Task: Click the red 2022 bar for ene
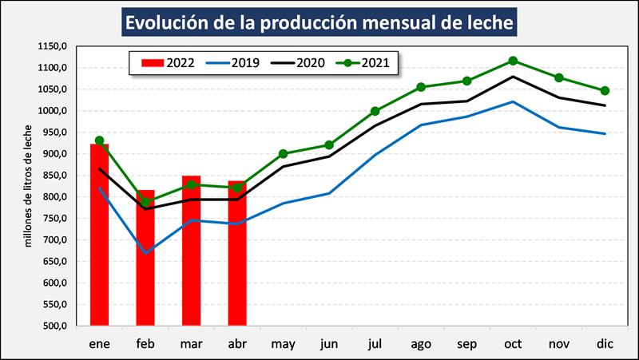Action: (99, 235)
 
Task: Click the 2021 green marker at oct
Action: (513, 61)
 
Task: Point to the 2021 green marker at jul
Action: (375, 112)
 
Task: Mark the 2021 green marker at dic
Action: (605, 91)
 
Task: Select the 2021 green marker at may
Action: (284, 154)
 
